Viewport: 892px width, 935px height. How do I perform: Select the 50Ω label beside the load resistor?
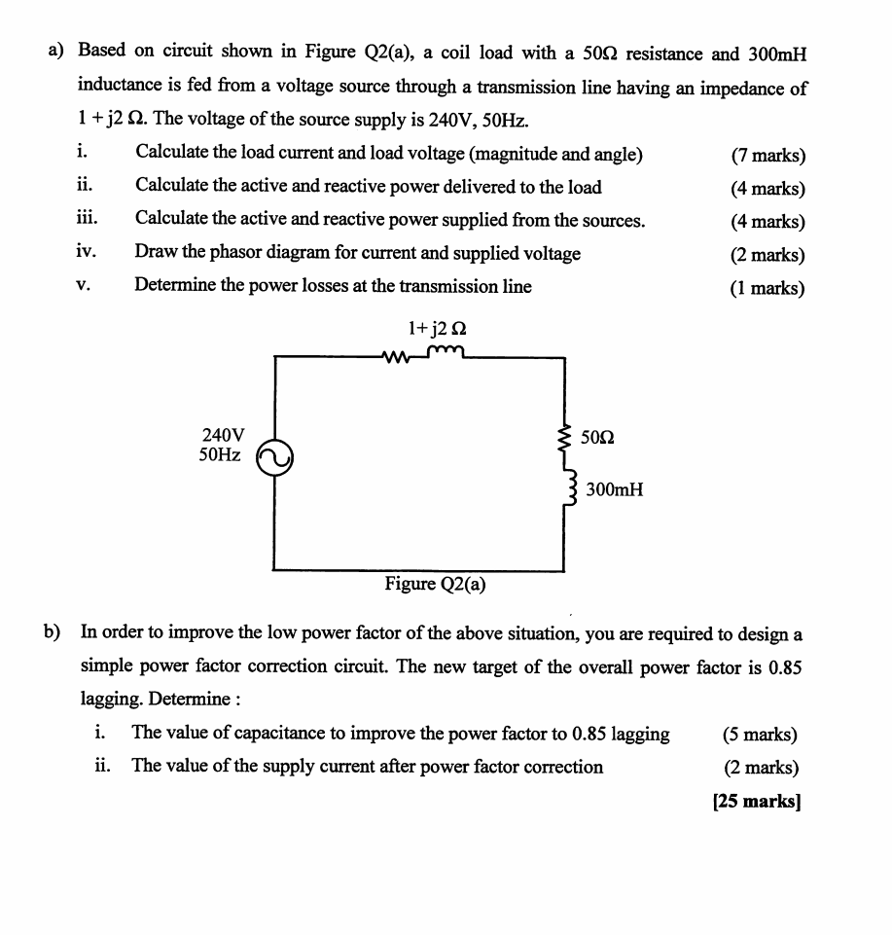[596, 438]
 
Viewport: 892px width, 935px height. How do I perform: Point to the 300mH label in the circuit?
[614, 489]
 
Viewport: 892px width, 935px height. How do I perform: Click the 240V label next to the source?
[223, 435]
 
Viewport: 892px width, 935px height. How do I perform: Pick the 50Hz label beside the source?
[220, 454]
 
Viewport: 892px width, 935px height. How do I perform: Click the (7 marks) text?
[767, 156]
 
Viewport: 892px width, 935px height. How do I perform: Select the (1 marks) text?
[767, 288]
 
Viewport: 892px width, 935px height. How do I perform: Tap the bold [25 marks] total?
[756, 803]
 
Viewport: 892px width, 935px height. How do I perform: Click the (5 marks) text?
[761, 735]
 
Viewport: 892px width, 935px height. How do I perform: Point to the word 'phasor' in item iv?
[239, 253]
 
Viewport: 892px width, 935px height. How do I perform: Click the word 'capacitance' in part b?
[284, 735]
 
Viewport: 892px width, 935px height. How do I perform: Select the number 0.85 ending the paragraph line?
[785, 667]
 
